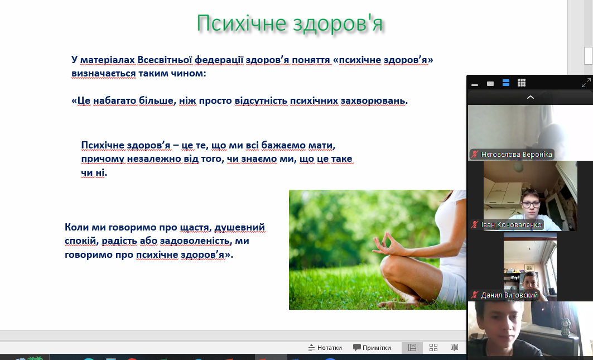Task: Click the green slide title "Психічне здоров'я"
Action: pos(290,23)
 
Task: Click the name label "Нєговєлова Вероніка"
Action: pos(516,155)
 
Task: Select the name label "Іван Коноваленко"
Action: pos(511,225)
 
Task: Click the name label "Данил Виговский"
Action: pos(509,295)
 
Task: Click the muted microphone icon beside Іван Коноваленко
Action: pos(475,224)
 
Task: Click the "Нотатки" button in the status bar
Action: pos(325,348)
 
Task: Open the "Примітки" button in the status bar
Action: pos(372,348)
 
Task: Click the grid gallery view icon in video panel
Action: pos(522,83)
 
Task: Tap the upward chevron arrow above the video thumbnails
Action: pos(531,97)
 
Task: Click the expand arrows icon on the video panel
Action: pos(586,83)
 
